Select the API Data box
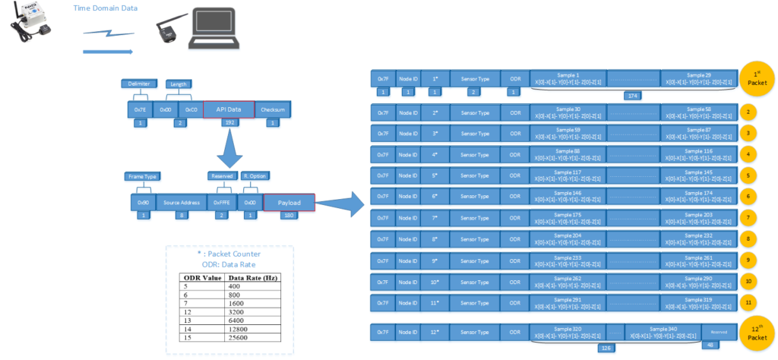(x=229, y=109)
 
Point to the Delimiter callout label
(x=139, y=84)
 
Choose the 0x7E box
(x=140, y=109)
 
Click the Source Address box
(x=182, y=203)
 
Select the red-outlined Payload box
(x=289, y=203)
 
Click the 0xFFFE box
(x=221, y=203)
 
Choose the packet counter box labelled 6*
(x=435, y=196)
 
